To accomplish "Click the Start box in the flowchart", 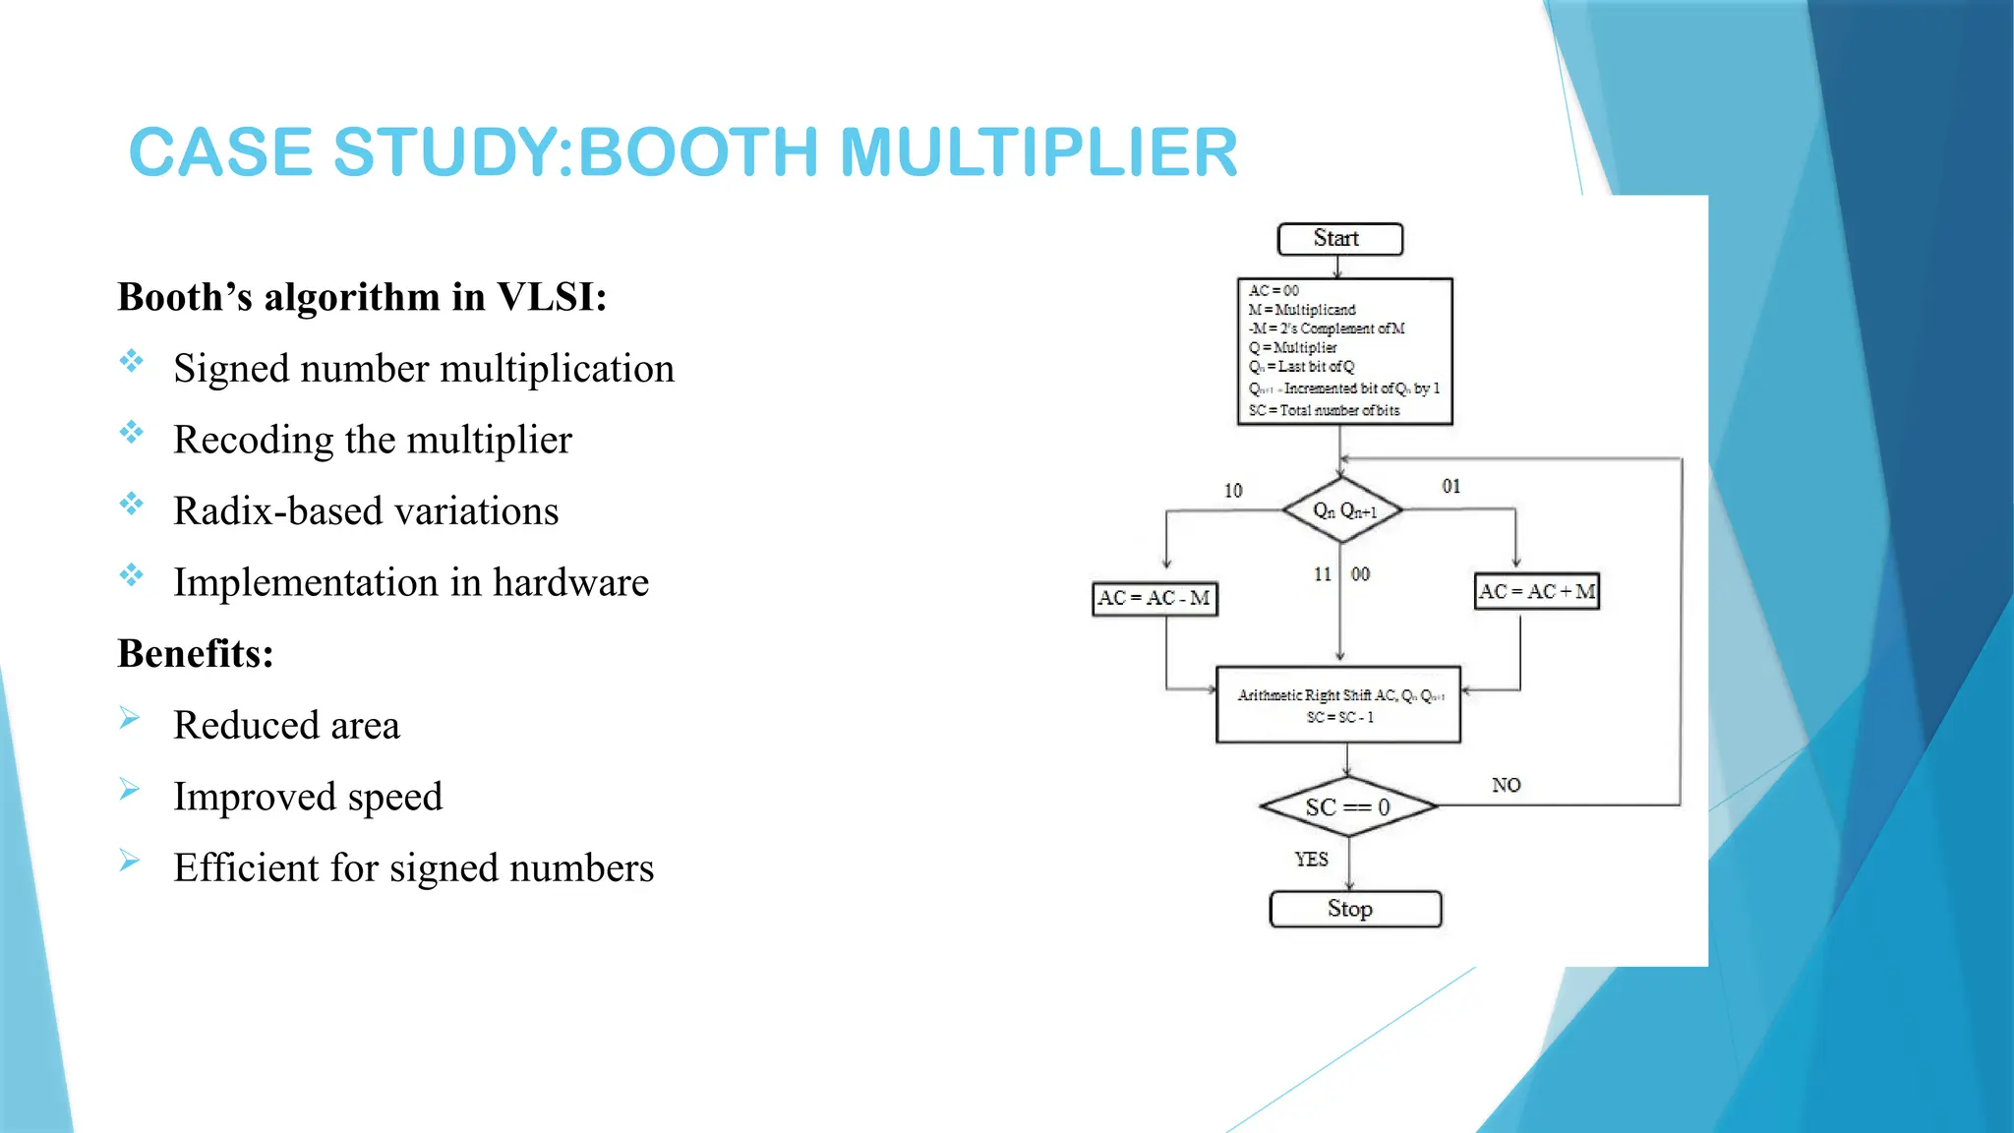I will [1339, 239].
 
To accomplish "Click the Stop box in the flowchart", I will [1355, 909].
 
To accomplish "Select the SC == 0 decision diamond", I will [1347, 807].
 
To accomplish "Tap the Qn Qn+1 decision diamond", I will [1343, 510].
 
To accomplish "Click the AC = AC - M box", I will [1155, 598].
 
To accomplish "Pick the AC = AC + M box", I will [1536, 592].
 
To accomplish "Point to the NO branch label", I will [1506, 785].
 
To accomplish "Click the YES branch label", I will [1311, 859].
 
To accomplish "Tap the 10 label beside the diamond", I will [1232, 490].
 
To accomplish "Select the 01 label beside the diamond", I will [1451, 486].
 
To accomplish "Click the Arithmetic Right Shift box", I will [1337, 705].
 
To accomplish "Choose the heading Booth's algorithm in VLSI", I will [362, 297].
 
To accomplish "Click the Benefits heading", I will [195, 653].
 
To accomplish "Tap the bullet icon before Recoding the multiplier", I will [131, 433].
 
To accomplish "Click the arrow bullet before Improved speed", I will [130, 790].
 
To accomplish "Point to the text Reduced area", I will [286, 725].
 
